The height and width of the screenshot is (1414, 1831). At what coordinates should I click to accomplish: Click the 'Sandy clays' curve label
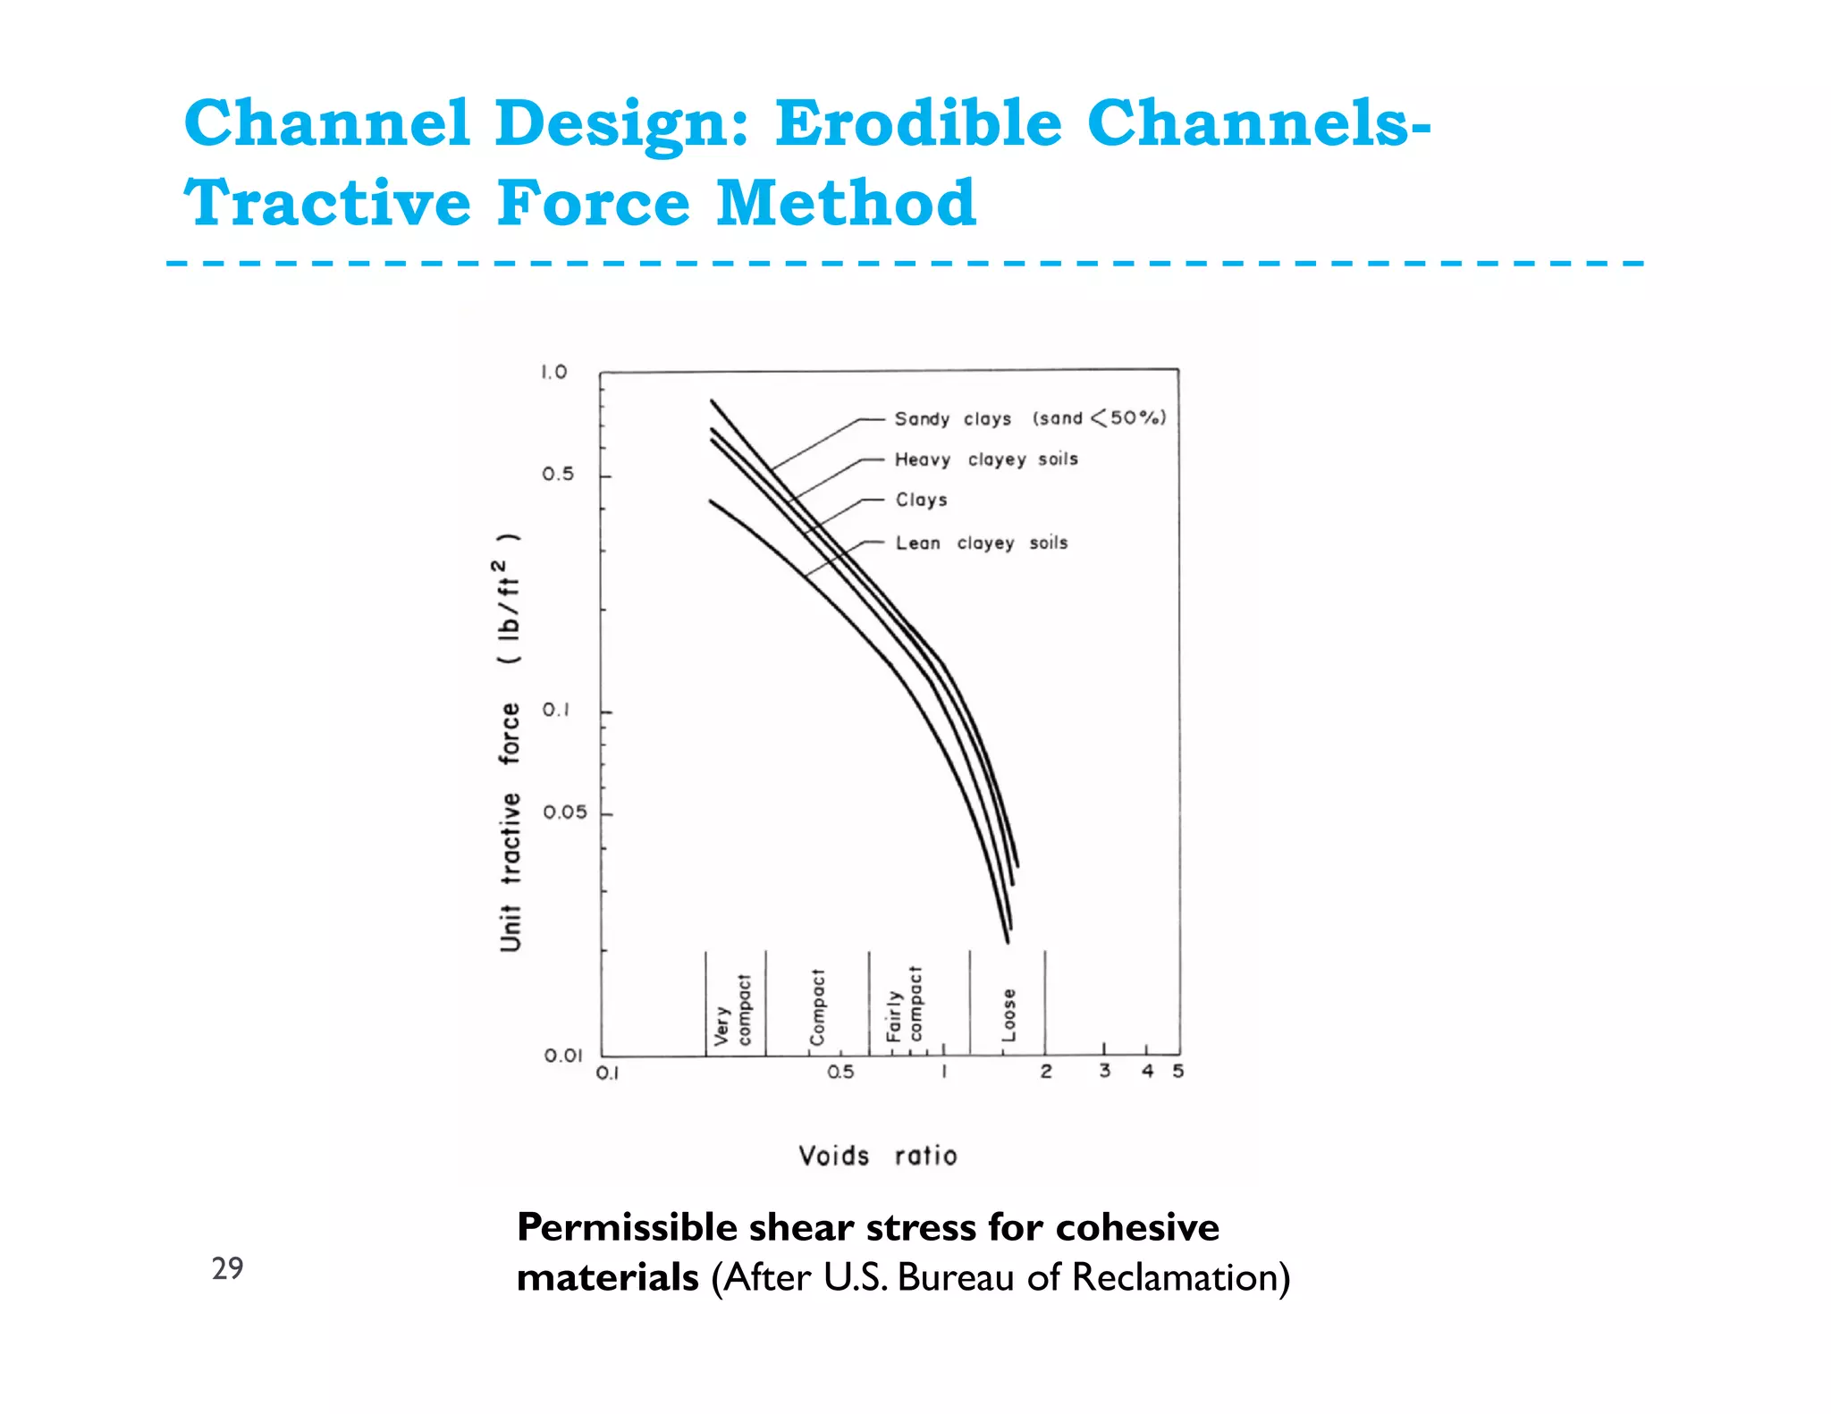(x=953, y=418)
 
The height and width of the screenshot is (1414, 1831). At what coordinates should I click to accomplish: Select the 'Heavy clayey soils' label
(x=986, y=459)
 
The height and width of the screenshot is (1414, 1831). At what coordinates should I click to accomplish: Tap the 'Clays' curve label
(x=921, y=500)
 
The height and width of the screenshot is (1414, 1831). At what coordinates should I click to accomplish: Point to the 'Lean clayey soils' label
(x=982, y=543)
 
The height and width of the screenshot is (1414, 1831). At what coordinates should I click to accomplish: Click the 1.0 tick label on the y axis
(x=554, y=372)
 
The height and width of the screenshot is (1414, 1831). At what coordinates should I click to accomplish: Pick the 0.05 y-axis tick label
(x=565, y=812)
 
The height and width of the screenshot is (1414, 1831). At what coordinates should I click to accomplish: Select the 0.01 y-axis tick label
(x=563, y=1056)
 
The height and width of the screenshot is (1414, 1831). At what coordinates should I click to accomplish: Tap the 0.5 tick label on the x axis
(x=840, y=1072)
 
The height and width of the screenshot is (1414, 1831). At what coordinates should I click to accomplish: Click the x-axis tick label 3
(x=1105, y=1071)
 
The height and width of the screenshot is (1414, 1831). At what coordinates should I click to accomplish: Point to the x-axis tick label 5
(x=1177, y=1071)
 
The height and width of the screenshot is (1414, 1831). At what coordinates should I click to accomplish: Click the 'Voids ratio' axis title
(x=878, y=1156)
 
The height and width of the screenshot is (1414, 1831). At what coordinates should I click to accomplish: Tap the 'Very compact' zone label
(x=733, y=1010)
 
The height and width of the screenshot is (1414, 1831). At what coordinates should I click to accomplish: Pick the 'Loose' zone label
(x=1008, y=1014)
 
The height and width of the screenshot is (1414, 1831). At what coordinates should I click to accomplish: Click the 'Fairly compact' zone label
(x=904, y=1005)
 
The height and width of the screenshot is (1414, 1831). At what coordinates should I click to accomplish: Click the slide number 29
(x=227, y=1267)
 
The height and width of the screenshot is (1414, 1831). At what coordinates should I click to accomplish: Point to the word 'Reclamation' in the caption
(x=1180, y=1276)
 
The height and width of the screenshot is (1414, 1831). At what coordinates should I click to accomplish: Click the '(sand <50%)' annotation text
(x=1099, y=417)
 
